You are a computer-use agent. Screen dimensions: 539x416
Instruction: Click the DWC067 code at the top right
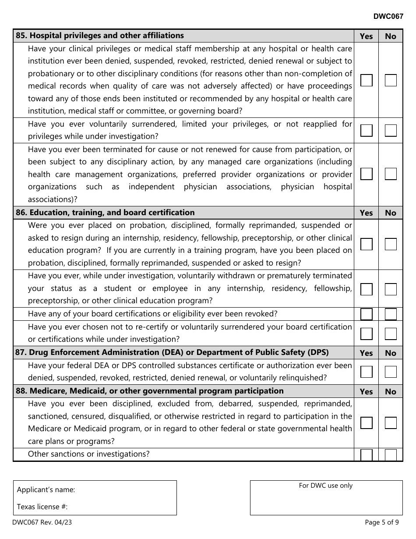point(388,16)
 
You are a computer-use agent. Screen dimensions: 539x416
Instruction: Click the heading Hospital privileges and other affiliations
point(100,35)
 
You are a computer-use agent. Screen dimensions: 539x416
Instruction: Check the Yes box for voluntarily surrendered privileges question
point(366,131)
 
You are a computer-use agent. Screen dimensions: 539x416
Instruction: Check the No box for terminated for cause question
point(391,174)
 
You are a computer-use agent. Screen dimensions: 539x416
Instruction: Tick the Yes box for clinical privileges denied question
point(366,80)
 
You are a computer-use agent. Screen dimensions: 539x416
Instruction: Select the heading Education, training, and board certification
point(105,213)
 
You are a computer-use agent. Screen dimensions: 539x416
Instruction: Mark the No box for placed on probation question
point(391,244)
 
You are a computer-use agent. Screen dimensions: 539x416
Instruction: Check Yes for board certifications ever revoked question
point(366,314)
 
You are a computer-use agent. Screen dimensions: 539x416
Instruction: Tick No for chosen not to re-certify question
point(391,333)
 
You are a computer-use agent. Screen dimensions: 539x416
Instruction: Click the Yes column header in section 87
point(366,353)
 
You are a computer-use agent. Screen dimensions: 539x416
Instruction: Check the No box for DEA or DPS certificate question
point(391,372)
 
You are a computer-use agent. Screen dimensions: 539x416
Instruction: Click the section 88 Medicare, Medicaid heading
point(150,391)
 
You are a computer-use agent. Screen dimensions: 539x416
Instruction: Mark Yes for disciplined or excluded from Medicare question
point(366,423)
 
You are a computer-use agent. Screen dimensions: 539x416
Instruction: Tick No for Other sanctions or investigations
point(391,455)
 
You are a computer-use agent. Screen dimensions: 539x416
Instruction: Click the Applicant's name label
point(46,490)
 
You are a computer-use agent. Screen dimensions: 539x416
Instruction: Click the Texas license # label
point(42,507)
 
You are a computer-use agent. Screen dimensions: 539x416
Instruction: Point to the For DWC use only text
point(326,486)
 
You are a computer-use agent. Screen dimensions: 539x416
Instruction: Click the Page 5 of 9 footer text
point(381,522)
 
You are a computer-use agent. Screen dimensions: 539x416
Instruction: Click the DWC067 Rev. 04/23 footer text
point(40,522)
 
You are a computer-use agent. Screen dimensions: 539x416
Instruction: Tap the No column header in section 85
point(390,36)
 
